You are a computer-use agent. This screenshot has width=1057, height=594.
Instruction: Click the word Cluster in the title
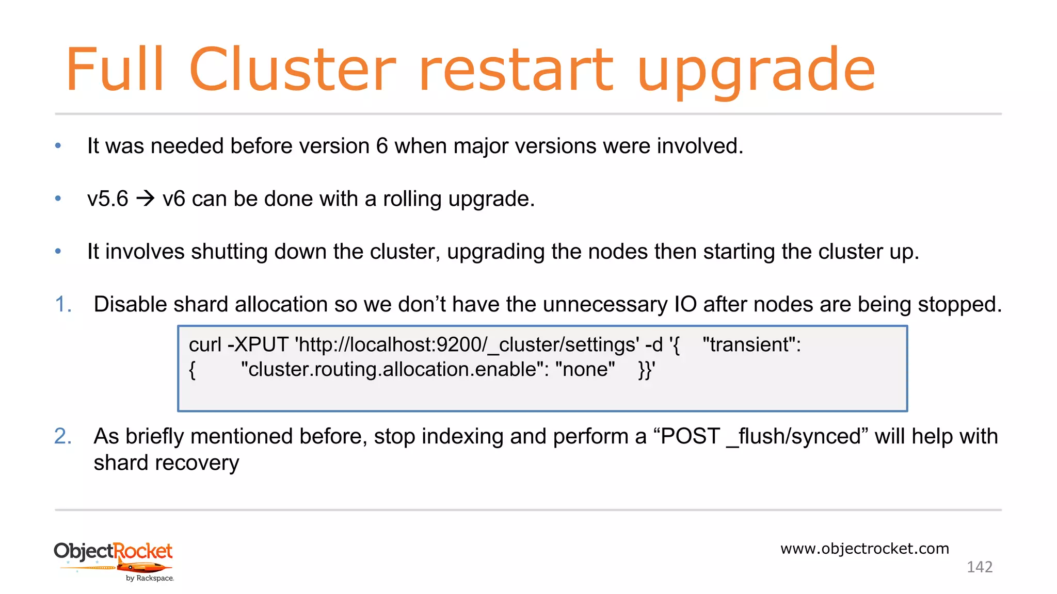tap(292, 69)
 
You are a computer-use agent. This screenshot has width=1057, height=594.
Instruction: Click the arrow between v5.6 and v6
tap(146, 199)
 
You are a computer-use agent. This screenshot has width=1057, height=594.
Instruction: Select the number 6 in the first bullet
tap(382, 146)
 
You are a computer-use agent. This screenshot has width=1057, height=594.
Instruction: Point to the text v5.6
tap(107, 199)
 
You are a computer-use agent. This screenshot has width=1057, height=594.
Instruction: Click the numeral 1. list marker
tap(63, 304)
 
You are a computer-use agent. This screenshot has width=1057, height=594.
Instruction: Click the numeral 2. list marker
tap(63, 436)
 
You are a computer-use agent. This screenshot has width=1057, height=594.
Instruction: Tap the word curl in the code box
tap(205, 344)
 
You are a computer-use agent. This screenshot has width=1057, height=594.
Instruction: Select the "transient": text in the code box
tap(751, 344)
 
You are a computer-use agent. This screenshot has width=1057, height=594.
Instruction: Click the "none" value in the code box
tap(585, 370)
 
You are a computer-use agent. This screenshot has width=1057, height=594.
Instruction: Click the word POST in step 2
tap(690, 436)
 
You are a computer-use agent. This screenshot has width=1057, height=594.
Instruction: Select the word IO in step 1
tap(685, 304)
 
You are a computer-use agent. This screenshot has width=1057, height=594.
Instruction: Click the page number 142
tap(979, 567)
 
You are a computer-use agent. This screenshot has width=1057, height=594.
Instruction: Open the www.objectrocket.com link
tap(864, 549)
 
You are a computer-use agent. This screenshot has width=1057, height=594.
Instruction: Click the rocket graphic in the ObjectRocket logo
tap(144, 568)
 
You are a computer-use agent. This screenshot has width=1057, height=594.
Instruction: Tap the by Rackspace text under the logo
tap(150, 579)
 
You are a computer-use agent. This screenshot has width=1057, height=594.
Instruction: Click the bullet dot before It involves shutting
tap(58, 252)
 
